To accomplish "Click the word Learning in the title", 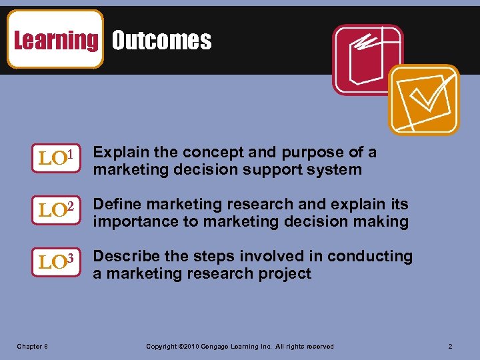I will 55,40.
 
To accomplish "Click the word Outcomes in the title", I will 161,41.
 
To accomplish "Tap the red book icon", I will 368,59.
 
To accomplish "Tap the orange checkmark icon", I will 424,99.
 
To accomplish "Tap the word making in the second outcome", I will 381,221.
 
